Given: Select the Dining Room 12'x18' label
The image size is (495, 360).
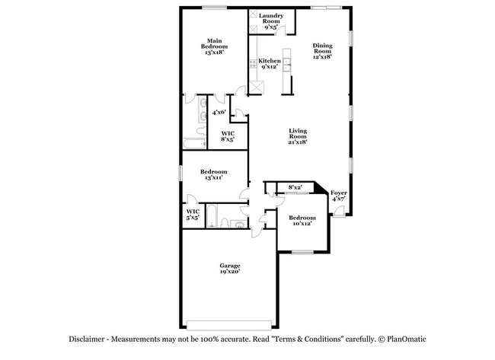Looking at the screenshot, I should click(322, 50).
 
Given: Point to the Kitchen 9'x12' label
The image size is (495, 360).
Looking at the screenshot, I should click(270, 64).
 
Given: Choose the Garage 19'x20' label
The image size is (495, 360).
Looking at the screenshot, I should click(230, 269).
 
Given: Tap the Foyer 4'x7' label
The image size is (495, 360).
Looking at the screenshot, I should click(339, 197).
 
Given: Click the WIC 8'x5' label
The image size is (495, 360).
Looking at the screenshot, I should click(228, 137).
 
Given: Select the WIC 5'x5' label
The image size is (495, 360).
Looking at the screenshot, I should click(193, 214).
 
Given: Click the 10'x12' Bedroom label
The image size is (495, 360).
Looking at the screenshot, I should click(302, 221).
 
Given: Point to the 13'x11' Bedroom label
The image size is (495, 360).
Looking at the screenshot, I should click(215, 175).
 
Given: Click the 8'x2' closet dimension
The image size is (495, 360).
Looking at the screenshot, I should click(295, 187).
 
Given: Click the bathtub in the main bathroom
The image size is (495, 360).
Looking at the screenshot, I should click(194, 142).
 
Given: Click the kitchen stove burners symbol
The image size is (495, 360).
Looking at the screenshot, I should click(251, 65).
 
